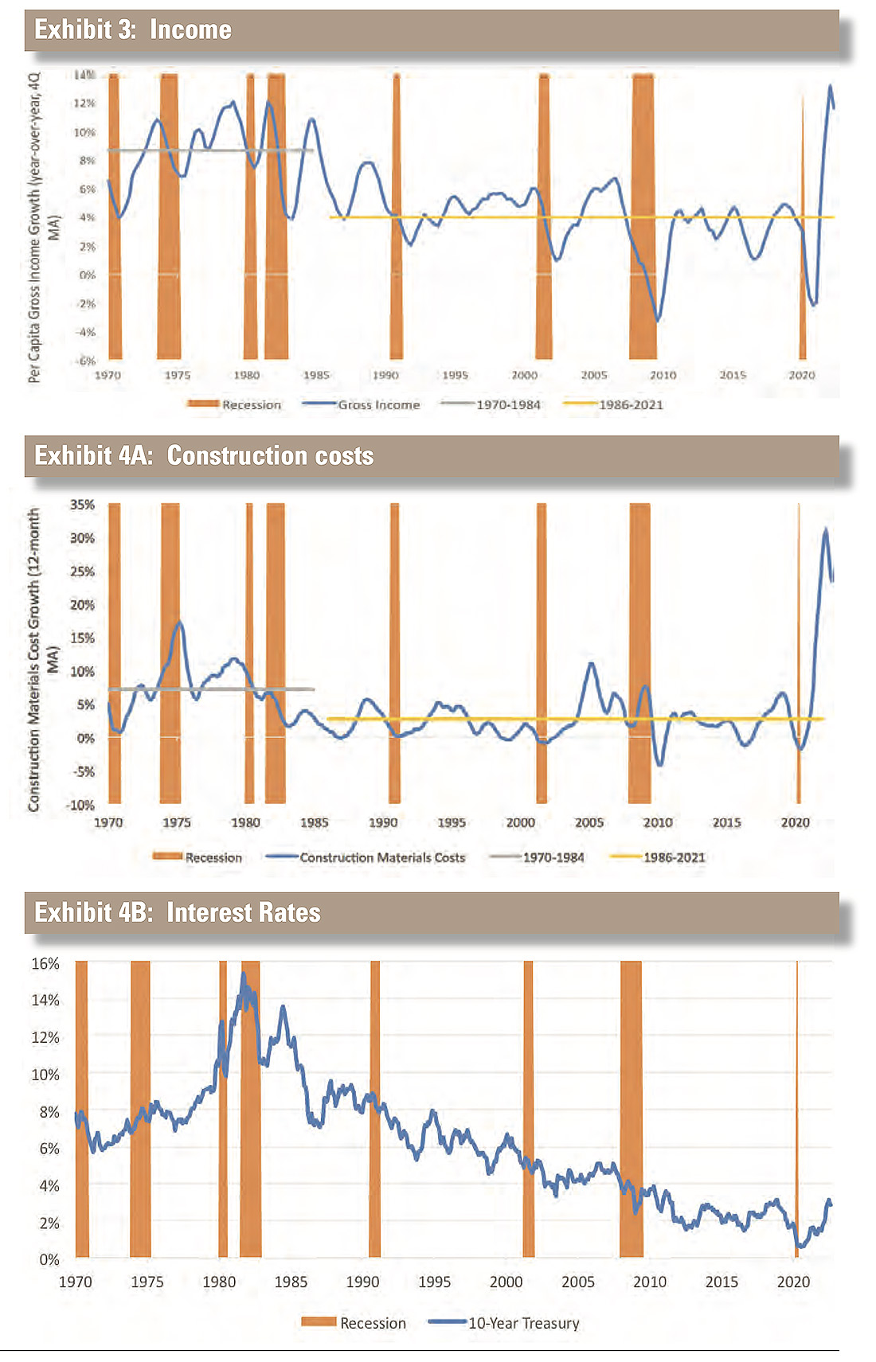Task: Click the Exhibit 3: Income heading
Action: [133, 30]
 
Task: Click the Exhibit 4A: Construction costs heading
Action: [204, 456]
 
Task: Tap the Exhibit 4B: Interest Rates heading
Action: [178, 913]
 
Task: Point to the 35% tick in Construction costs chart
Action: [82, 505]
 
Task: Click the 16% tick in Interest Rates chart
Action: [45, 964]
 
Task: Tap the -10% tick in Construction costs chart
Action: [80, 806]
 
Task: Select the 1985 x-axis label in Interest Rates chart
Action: [291, 1282]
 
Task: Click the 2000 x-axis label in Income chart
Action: [524, 375]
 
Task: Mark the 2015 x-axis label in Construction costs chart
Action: [726, 822]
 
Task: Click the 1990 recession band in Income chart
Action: [396, 215]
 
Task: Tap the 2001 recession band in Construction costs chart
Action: [542, 653]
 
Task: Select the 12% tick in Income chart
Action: [84, 103]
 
